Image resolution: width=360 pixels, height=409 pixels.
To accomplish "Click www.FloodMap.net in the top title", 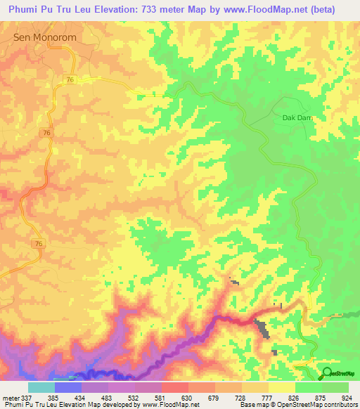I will click(266, 9).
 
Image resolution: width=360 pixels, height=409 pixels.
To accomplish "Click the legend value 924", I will click(347, 398).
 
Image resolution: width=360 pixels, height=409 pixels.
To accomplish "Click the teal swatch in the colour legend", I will click(41, 387).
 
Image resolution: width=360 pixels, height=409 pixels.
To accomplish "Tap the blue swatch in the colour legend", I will click(68, 387).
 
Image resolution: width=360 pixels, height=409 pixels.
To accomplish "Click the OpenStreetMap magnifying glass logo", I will click(326, 373).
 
